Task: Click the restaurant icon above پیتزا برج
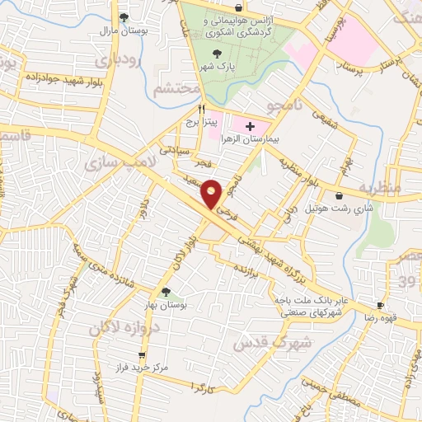coord(200,108)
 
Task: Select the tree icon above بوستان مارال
coord(124,16)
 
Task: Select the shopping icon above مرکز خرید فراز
coord(120,354)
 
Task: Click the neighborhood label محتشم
coord(176,88)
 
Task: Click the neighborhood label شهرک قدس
coord(272,340)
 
